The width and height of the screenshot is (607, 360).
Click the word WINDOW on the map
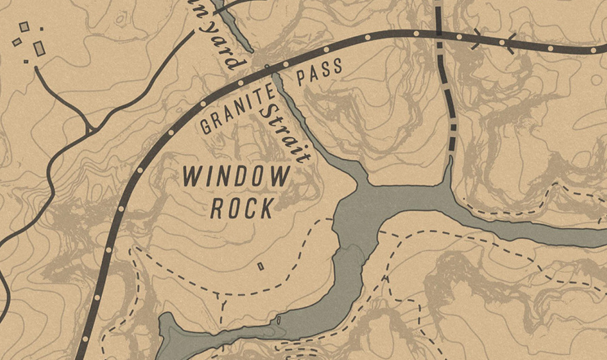coord(236,177)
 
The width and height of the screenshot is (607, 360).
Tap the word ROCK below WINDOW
coord(242,208)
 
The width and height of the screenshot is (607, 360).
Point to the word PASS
coord(319,73)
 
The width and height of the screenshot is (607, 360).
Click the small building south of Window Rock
coord(260,266)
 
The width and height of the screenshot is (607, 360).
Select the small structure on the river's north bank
coord(278,320)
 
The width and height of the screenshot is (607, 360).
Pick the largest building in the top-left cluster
coord(39,48)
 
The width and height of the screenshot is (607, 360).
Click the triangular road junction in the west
coord(89,128)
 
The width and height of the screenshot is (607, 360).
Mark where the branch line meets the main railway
coord(438,32)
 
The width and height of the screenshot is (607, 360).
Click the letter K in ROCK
coord(268,208)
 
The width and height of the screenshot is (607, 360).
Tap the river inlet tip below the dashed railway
coord(450,160)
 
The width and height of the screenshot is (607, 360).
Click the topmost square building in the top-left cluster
coord(24,27)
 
